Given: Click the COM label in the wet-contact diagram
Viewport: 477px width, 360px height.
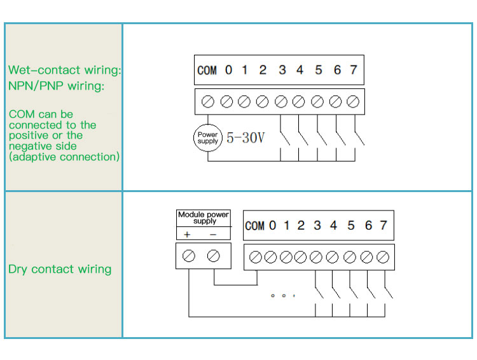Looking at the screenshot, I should click(x=207, y=70).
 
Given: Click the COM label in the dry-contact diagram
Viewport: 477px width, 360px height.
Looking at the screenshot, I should click(x=254, y=226).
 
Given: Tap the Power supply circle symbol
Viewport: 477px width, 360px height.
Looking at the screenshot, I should click(x=207, y=137).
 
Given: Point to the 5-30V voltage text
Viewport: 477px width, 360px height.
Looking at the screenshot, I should click(x=245, y=137).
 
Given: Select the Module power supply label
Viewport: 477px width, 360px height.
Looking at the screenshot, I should click(x=204, y=218).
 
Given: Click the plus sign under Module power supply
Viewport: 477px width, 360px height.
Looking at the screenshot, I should click(x=188, y=235).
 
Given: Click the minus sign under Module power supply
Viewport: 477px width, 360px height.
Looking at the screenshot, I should click(x=212, y=235).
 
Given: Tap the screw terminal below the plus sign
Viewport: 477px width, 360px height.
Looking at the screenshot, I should click(x=189, y=256).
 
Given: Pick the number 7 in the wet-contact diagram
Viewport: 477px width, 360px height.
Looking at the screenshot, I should click(x=354, y=70).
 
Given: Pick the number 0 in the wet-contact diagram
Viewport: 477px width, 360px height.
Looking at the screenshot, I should click(x=228, y=70).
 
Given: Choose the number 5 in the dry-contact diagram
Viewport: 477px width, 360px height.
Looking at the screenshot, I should click(x=351, y=226).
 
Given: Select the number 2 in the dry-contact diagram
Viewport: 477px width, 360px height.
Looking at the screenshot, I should click(x=301, y=226).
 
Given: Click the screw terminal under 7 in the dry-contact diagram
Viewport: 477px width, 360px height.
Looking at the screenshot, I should click(x=382, y=257).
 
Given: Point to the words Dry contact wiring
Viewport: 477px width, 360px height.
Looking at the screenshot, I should click(x=60, y=269).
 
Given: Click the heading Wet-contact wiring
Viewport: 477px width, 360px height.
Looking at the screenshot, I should click(x=64, y=70).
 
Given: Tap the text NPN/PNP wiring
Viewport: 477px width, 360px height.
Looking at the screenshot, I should click(x=56, y=86).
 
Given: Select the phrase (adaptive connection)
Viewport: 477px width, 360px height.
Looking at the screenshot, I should click(x=64, y=156).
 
